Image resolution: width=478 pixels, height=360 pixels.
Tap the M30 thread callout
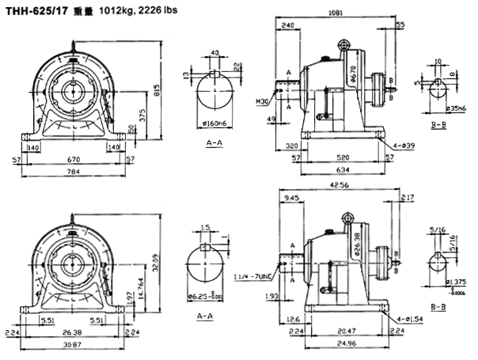[x=262, y=101]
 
